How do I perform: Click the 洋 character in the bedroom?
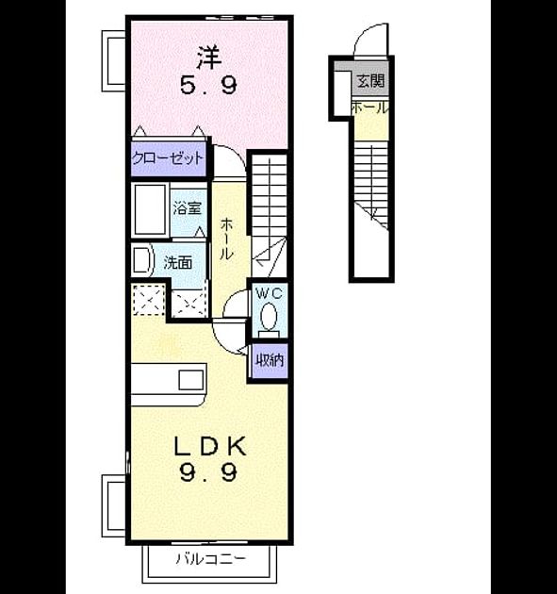pyautogui.click(x=208, y=58)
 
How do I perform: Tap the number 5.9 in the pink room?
pyautogui.click(x=208, y=85)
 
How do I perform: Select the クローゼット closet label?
pyautogui.click(x=168, y=157)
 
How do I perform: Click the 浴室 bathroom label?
pyautogui.click(x=187, y=208)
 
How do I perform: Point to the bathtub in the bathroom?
pyautogui.click(x=151, y=209)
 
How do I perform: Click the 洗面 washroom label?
pyautogui.click(x=177, y=262)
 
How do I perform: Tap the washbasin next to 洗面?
pyautogui.click(x=142, y=260)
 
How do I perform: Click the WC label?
pyautogui.click(x=270, y=293)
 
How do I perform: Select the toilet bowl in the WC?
pyautogui.click(x=269, y=316)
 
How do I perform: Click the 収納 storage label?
pyautogui.click(x=270, y=360)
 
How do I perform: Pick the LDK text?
pyautogui.click(x=210, y=446)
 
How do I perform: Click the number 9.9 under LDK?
pyautogui.click(x=208, y=472)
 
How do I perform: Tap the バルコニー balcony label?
pyautogui.click(x=210, y=558)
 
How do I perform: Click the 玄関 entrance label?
pyautogui.click(x=370, y=81)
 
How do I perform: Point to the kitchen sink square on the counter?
pyautogui.click(x=190, y=380)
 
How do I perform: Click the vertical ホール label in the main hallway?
pyautogui.click(x=226, y=239)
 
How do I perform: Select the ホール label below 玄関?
pyautogui.click(x=370, y=108)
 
